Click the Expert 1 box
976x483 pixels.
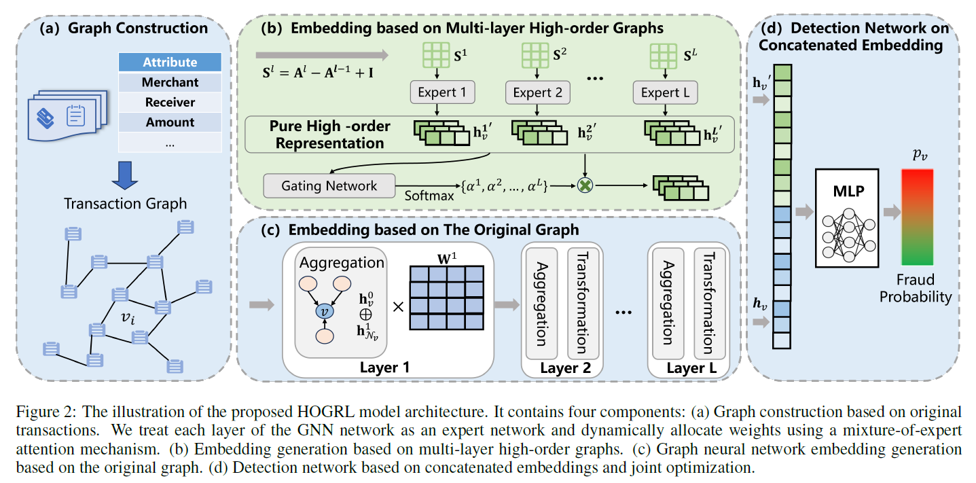441,93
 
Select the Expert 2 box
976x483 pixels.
538,93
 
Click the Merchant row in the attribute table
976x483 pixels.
170,82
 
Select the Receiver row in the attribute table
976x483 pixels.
170,103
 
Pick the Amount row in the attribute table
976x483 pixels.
170,122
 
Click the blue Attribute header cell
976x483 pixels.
170,62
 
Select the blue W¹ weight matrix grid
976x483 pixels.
446,298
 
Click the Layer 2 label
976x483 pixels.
561,368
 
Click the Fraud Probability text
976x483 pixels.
917,288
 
